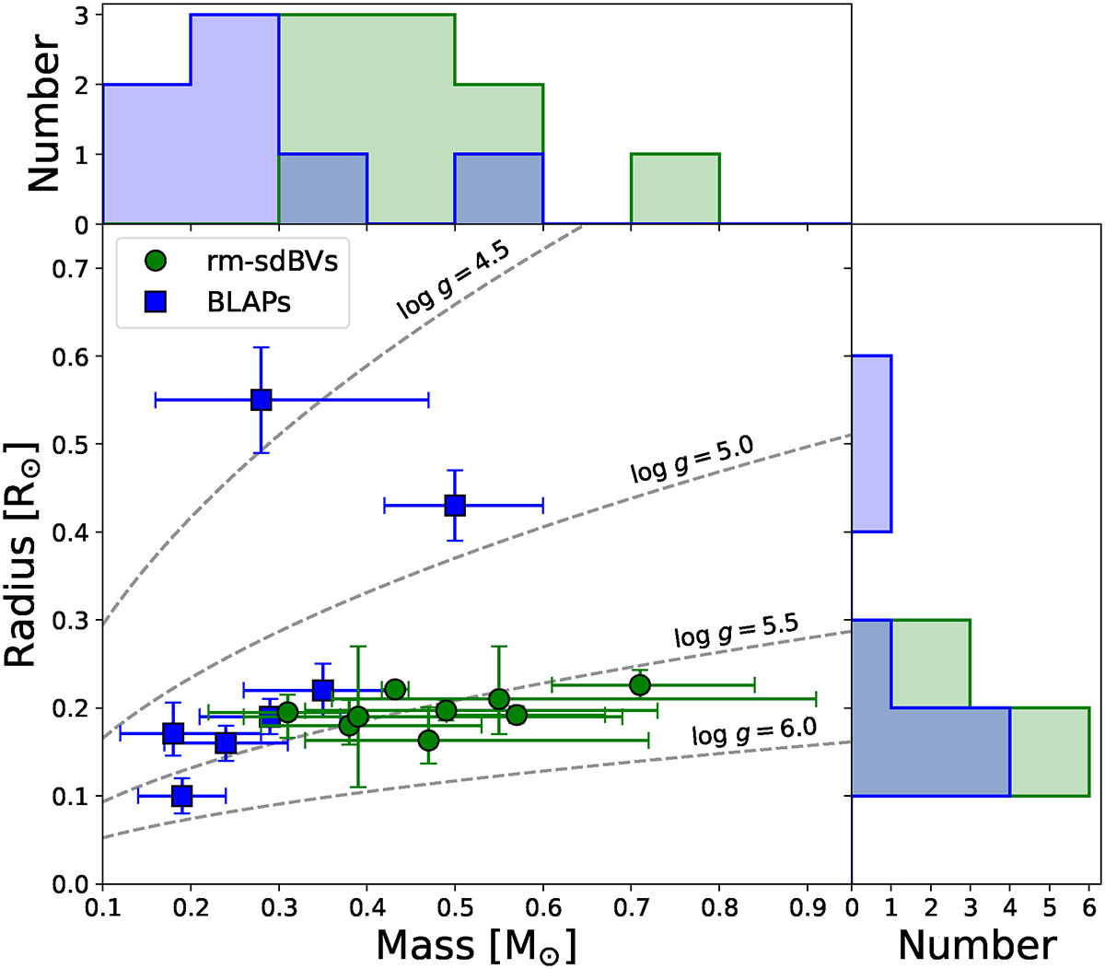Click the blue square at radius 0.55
click(262, 400)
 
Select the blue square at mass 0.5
click(455, 505)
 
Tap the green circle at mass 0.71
click(640, 684)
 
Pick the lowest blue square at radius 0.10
click(182, 795)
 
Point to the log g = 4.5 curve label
click(453, 282)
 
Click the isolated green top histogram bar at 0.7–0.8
click(675, 189)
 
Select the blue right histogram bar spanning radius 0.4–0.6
click(871, 444)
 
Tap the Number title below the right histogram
click(977, 945)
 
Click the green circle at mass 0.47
click(428, 740)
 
